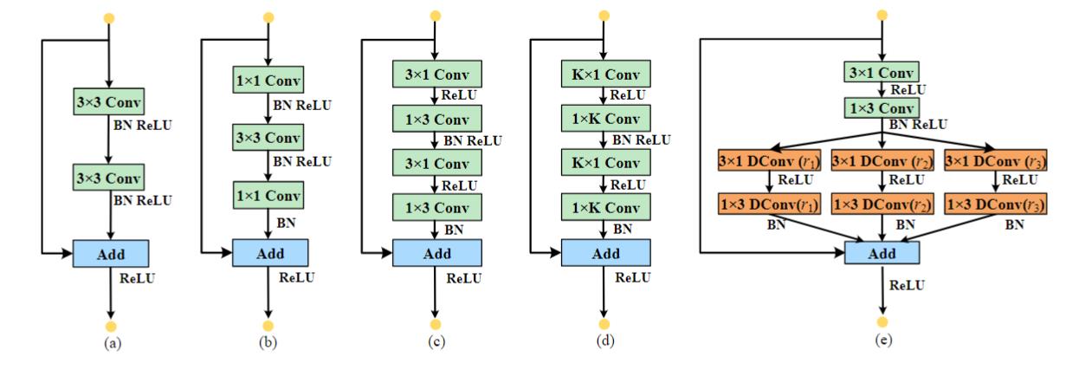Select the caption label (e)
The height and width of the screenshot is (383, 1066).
(x=882, y=341)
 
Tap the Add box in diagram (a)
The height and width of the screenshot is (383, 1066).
(x=110, y=252)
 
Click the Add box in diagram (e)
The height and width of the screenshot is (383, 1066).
(x=882, y=252)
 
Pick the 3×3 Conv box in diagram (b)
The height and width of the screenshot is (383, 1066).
(x=268, y=139)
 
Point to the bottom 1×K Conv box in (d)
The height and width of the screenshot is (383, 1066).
(x=604, y=208)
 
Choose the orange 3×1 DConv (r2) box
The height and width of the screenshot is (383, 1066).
(x=882, y=160)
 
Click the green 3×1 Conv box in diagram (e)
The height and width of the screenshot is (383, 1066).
(x=882, y=74)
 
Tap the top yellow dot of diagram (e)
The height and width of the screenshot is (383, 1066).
(x=882, y=15)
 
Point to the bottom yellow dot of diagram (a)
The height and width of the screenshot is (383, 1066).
(x=109, y=326)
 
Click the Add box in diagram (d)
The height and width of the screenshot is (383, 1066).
(x=604, y=252)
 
